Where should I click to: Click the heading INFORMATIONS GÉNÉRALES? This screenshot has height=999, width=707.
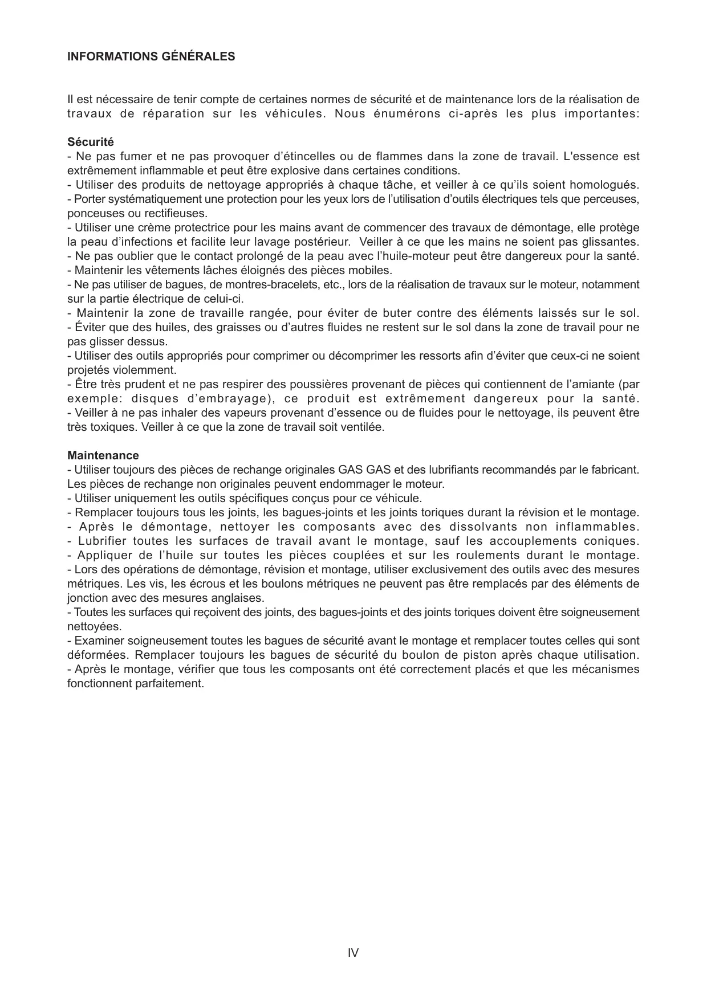click(151, 56)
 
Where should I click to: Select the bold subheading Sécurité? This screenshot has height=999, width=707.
click(91, 142)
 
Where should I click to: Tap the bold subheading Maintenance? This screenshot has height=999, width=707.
click(103, 455)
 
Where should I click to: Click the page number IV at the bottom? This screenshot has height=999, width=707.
click(353, 952)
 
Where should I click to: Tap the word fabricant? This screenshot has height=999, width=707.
click(613, 470)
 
